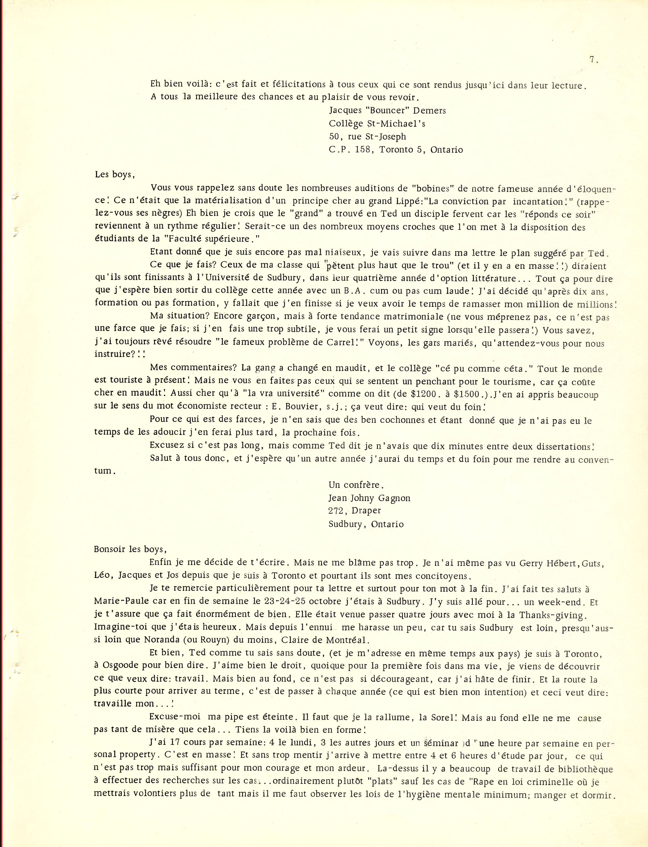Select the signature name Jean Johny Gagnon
point(369,498)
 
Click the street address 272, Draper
point(354,511)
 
